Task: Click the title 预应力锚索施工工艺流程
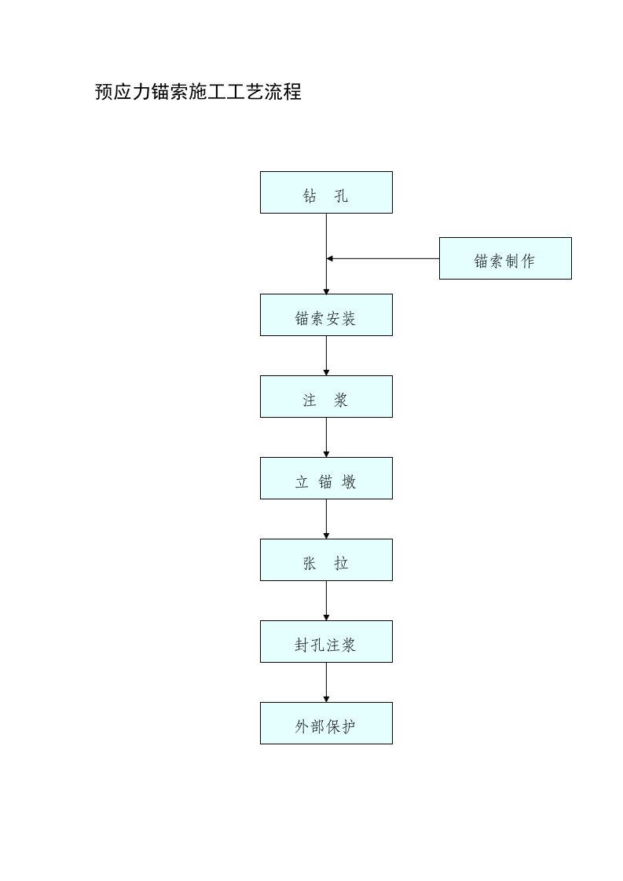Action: pos(198,93)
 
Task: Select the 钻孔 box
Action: pos(326,192)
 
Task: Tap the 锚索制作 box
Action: pos(505,258)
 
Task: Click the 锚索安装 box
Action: pos(326,315)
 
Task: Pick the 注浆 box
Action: pos(326,397)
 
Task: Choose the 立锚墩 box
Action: pos(326,478)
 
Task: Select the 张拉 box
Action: pos(326,560)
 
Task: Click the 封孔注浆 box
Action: pos(326,642)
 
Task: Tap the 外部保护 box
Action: pos(326,723)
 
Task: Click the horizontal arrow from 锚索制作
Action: pos(383,258)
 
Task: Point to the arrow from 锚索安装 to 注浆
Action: pos(326,356)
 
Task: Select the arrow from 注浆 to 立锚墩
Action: pos(326,437)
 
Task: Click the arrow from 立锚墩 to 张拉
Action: pos(326,519)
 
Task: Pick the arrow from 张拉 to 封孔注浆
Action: pos(326,601)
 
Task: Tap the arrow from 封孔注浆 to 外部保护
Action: pos(326,682)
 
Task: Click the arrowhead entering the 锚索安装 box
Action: pos(326,291)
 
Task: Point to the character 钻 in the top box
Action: pos(310,196)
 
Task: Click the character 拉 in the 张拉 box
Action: pos(341,564)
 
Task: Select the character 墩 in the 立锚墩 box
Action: pos(349,482)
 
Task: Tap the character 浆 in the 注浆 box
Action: pos(341,400)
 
